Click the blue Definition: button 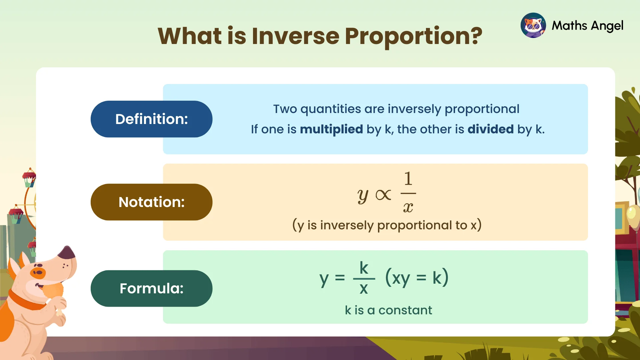coord(151,119)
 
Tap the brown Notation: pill coord(151,202)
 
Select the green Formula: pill coord(151,288)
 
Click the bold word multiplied coord(331,129)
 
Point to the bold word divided coord(490,129)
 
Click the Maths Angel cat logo coord(533,25)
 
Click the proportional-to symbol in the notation coord(383,195)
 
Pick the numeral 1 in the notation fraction coord(408,179)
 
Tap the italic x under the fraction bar coord(408,207)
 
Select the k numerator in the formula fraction coord(364,268)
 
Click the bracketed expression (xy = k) coord(417,277)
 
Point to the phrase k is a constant coord(388,310)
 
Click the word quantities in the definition coord(330,109)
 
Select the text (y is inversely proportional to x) coord(387,225)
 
